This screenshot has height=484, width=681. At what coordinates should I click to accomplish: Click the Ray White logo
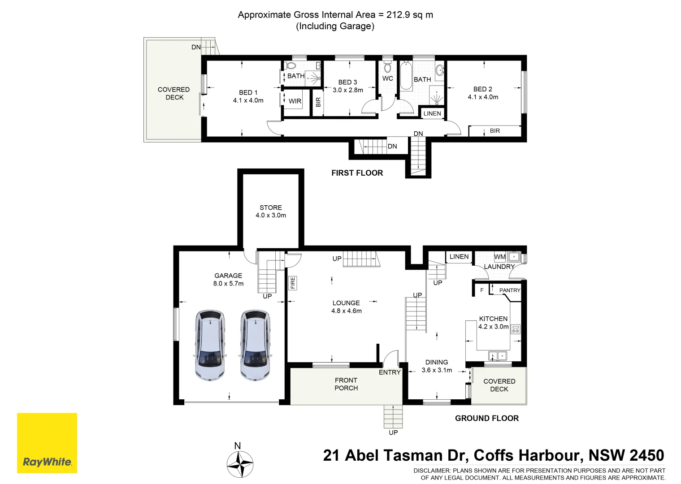pyautogui.click(x=47, y=443)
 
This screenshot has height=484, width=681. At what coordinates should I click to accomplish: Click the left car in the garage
pyautogui.click(x=210, y=345)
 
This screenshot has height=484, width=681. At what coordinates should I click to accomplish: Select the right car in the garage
pyautogui.click(x=255, y=345)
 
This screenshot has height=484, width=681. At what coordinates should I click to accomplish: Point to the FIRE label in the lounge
pyautogui.click(x=292, y=283)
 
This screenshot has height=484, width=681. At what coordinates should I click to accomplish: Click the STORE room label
pyautogui.click(x=271, y=207)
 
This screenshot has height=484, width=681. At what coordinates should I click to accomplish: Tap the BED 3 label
pyautogui.click(x=347, y=82)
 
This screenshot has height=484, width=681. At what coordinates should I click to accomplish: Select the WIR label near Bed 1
pyautogui.click(x=295, y=101)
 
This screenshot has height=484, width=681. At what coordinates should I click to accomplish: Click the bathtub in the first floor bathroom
pyautogui.click(x=406, y=76)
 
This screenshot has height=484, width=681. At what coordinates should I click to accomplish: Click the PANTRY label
pyautogui.click(x=510, y=290)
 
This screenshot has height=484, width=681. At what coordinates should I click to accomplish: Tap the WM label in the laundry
pyautogui.click(x=500, y=257)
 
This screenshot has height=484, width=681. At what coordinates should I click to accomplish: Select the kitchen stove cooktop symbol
pyautogui.click(x=515, y=329)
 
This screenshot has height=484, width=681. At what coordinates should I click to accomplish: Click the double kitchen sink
pyautogui.click(x=497, y=355)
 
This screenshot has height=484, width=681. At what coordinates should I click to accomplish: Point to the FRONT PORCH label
pyautogui.click(x=346, y=384)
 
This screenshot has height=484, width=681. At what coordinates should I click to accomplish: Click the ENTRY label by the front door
pyautogui.click(x=390, y=372)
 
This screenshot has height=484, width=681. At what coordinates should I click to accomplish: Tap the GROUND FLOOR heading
pyautogui.click(x=487, y=418)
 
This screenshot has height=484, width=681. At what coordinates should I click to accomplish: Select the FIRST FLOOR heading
pyautogui.click(x=357, y=173)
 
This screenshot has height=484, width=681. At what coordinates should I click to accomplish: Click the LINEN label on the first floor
pyautogui.click(x=432, y=113)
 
